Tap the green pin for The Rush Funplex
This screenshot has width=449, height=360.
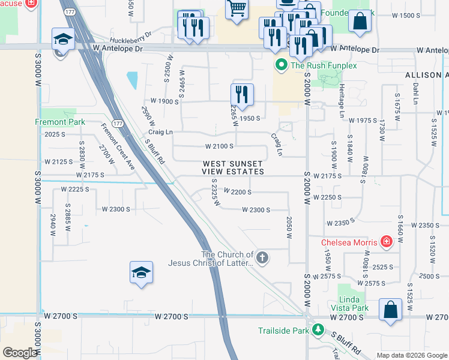click(280, 65)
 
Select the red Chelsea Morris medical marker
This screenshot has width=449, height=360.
click(387, 242)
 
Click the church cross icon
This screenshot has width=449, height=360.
click(262, 258)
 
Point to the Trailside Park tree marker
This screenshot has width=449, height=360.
click(318, 331)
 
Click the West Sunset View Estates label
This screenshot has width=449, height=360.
click(233, 167)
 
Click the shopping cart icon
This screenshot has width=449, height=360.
click(237, 8)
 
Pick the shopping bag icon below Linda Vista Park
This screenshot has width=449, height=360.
click(390, 310)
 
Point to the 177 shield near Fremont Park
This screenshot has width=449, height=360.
click(118, 124)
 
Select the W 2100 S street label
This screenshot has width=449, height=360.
click(219, 146)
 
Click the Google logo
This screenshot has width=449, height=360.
click(20, 353)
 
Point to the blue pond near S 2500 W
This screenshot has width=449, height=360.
click(131, 79)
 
